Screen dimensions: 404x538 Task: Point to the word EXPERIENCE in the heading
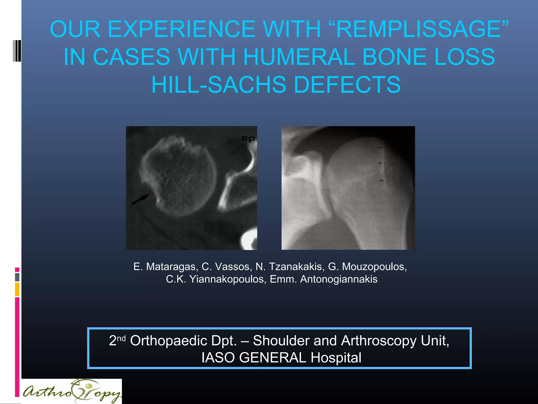point(182,29)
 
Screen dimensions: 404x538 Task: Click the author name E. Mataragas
point(165,267)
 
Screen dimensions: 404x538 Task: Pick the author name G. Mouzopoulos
point(367,267)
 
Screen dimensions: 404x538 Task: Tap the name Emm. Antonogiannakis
point(323,279)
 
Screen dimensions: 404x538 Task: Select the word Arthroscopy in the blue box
point(379,341)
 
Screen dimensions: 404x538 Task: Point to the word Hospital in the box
point(336,358)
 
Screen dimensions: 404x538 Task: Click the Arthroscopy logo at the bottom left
point(71,392)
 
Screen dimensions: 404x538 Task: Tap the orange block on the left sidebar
point(17,289)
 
